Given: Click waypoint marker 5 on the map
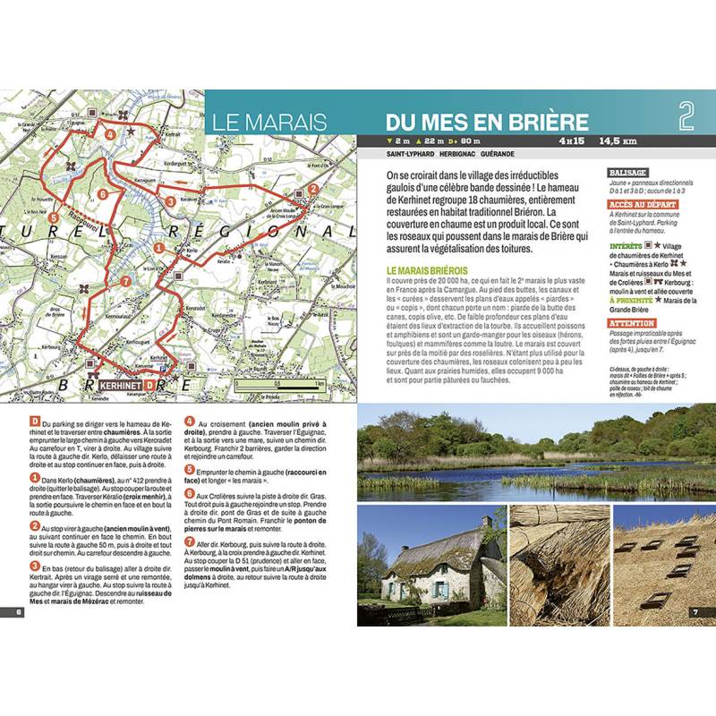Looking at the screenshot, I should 55,217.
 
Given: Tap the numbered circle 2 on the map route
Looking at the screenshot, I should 313,189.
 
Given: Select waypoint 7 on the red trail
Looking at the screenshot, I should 125,281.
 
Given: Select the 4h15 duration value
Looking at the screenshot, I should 572,141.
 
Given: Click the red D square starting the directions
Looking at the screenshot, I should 33,422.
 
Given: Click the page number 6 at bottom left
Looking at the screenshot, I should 19,612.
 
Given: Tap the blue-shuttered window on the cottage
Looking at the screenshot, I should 442,589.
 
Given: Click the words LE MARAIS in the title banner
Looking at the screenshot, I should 269,122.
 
